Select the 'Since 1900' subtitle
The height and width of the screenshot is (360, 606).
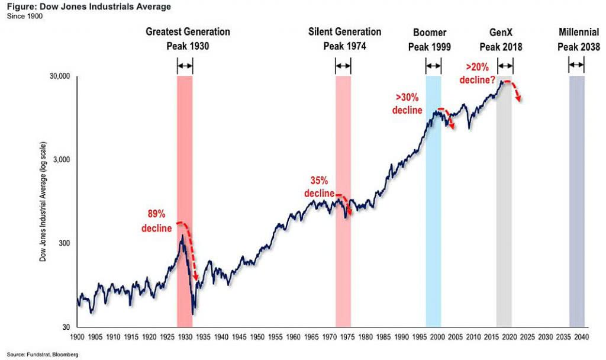click(22, 15)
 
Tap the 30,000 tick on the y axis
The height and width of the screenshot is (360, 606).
click(59, 77)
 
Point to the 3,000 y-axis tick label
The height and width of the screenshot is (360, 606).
click(61, 160)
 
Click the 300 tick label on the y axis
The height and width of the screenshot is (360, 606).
click(64, 244)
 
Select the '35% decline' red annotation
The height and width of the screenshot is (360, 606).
click(319, 187)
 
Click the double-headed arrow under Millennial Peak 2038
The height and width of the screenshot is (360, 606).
click(576, 66)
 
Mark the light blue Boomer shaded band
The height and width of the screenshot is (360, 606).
click(433, 201)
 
